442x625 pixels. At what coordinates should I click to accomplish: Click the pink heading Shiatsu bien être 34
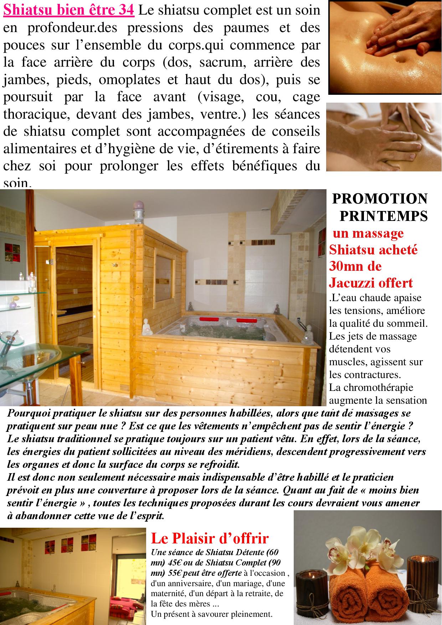[x=69, y=10]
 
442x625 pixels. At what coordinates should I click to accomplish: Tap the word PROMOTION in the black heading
[x=380, y=199]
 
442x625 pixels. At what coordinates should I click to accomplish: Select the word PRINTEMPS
[x=384, y=216]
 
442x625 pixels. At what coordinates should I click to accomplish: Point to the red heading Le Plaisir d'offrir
[x=210, y=538]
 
